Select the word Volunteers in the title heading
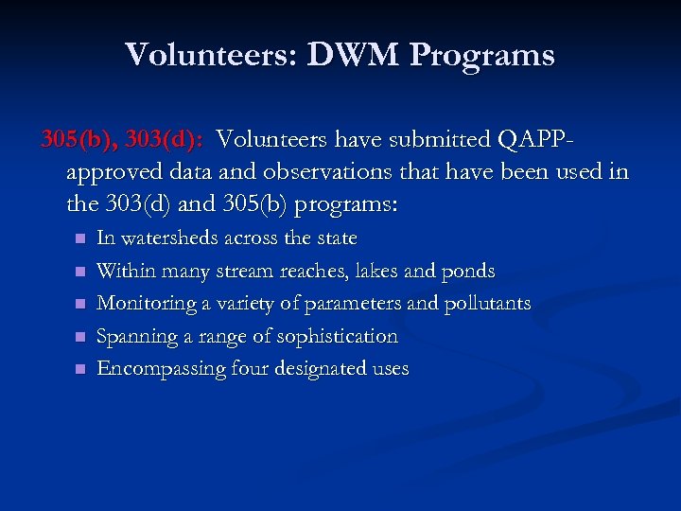(209, 55)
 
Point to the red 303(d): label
(164, 140)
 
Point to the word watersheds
(168, 238)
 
